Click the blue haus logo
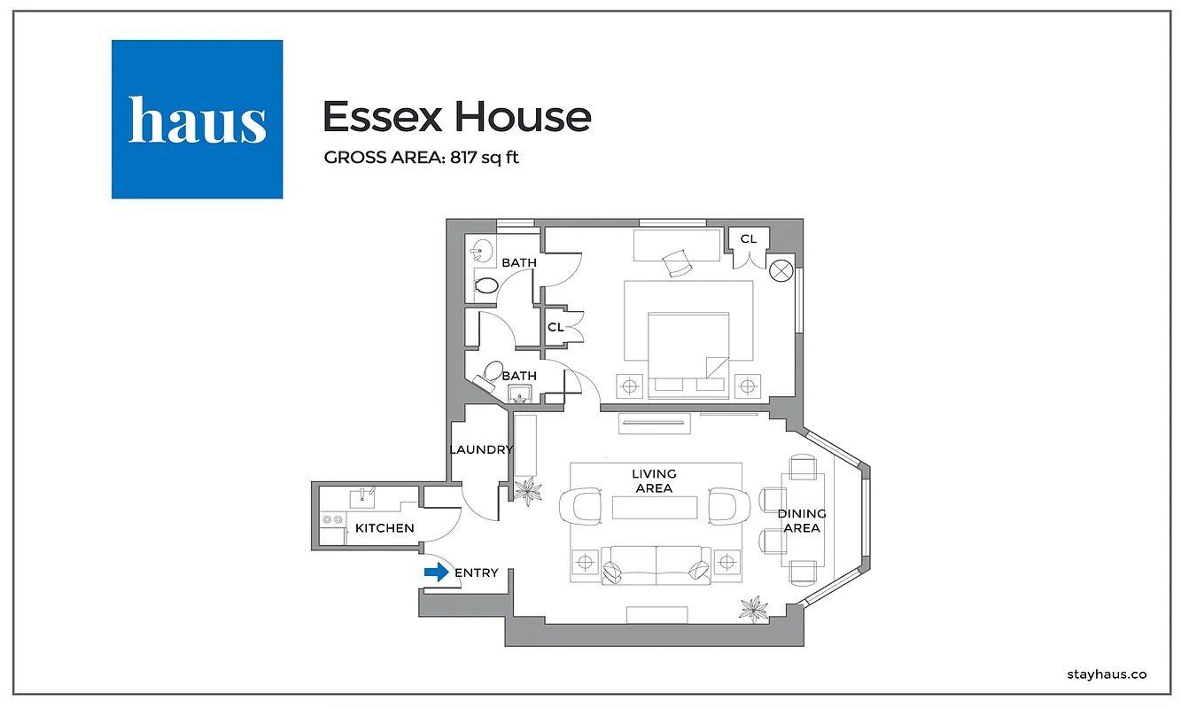pyautogui.click(x=197, y=119)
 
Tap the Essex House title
pyautogui.click(x=456, y=117)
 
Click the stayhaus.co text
pyautogui.click(x=1107, y=674)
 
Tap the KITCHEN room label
pyautogui.click(x=385, y=528)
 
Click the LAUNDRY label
pyautogui.click(x=480, y=449)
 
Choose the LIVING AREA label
pyautogui.click(x=654, y=481)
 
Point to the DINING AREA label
pyautogui.click(x=802, y=521)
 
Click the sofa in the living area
pyautogui.click(x=656, y=565)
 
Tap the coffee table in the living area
pyautogui.click(x=654, y=508)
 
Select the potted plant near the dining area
pyautogui.click(x=755, y=608)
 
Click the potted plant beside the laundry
pyautogui.click(x=529, y=490)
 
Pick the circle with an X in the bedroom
pyautogui.click(x=781, y=270)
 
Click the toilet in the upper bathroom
pyautogui.click(x=486, y=285)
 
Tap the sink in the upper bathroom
pyautogui.click(x=481, y=250)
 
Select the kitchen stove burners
pyautogui.click(x=333, y=519)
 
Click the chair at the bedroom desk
pyautogui.click(x=678, y=261)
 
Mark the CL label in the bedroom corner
pyautogui.click(x=749, y=238)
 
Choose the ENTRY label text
pyautogui.click(x=477, y=573)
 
